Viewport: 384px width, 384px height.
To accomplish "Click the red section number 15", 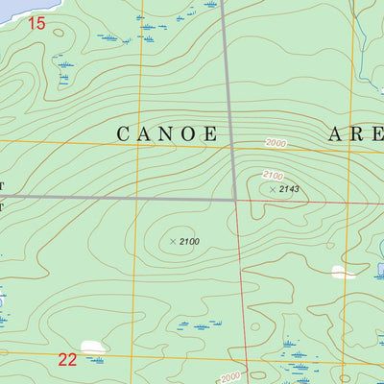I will click(36, 22).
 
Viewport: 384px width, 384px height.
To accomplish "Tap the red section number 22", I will click(67, 360).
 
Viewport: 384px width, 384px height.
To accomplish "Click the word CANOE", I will click(167, 134).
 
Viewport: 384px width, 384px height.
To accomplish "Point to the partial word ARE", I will click(355, 134).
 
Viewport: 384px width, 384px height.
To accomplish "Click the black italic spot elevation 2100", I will click(188, 242).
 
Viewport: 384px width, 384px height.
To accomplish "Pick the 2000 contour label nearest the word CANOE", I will click(277, 143).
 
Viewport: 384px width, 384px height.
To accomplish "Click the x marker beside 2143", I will click(273, 189).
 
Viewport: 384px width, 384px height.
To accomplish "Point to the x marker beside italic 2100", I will click(173, 242).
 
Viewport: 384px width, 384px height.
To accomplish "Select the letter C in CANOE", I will click(124, 134).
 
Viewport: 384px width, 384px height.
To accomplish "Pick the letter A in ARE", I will click(336, 134).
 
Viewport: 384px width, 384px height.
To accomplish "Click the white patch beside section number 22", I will click(92, 347).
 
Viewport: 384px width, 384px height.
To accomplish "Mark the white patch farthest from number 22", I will click(342, 272).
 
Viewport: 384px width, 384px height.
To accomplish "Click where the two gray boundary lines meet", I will click(236, 199).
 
